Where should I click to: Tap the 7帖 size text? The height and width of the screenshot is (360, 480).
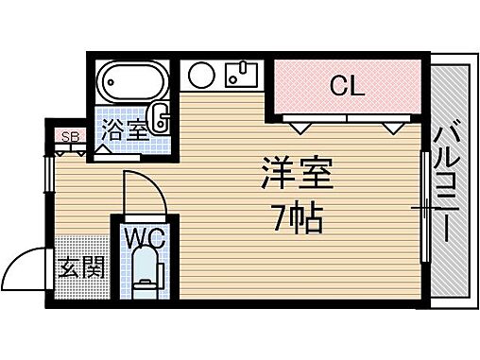tap(295, 219)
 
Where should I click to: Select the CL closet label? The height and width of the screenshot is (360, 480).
tap(346, 87)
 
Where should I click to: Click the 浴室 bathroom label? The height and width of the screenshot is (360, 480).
tap(125, 132)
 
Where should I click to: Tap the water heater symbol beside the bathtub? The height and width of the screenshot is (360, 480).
tap(161, 117)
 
